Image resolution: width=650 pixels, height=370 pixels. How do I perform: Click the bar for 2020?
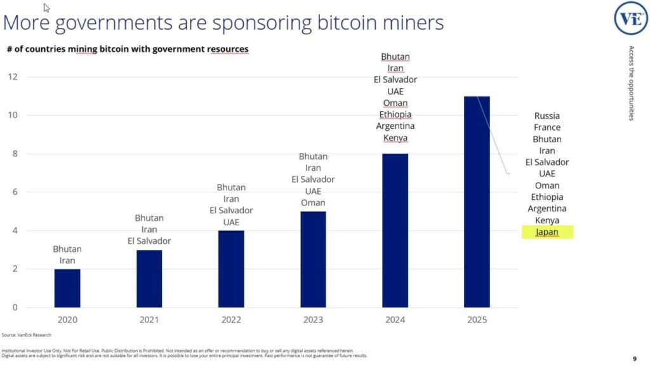coord(67,288)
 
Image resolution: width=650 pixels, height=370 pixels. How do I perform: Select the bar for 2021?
coord(149,279)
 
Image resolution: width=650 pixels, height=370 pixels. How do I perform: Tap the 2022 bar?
coord(231,269)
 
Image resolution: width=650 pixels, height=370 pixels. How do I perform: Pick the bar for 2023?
coord(313,260)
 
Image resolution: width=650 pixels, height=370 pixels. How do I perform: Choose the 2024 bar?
coord(395,230)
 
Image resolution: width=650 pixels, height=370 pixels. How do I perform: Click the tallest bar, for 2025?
coord(477,202)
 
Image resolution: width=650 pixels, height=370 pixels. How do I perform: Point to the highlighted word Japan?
coord(547,232)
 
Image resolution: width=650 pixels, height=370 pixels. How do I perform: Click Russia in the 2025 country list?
coord(547,116)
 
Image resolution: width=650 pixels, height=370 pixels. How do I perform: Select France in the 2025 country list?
coord(547,128)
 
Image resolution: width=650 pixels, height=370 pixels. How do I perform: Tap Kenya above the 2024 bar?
coord(395,138)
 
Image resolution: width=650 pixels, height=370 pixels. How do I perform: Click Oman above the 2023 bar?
coord(313,202)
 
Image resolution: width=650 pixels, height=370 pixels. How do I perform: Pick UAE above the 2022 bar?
coord(231,222)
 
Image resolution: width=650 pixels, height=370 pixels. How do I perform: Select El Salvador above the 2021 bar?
coord(149,241)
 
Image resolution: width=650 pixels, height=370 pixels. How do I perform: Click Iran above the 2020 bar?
coord(67,260)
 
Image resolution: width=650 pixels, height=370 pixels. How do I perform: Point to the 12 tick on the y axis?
coord(13,77)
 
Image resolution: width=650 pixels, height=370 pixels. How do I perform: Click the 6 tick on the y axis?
coord(15,192)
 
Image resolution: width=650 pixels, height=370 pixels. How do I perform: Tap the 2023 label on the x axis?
coord(313,320)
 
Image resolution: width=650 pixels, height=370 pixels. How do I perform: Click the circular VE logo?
coord(630,18)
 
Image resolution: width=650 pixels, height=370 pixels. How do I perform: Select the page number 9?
coord(634,357)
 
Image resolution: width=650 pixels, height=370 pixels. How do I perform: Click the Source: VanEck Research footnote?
coord(26,334)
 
